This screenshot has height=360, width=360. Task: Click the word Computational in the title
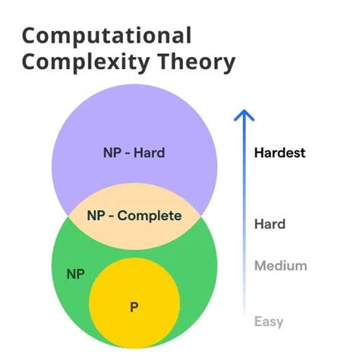(106, 36)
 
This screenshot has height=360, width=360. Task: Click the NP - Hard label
(134, 153)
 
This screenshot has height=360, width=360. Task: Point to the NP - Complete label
(134, 216)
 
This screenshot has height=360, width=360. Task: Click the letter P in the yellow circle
(134, 307)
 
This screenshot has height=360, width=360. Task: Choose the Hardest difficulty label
(279, 153)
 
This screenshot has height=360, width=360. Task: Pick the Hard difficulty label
(270, 224)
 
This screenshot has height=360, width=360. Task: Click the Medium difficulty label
(280, 266)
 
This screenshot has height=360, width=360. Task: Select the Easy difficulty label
(268, 321)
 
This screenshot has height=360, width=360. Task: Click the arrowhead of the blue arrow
(243, 115)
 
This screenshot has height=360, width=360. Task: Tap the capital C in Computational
(30, 36)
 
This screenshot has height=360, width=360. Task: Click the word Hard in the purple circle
(150, 153)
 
